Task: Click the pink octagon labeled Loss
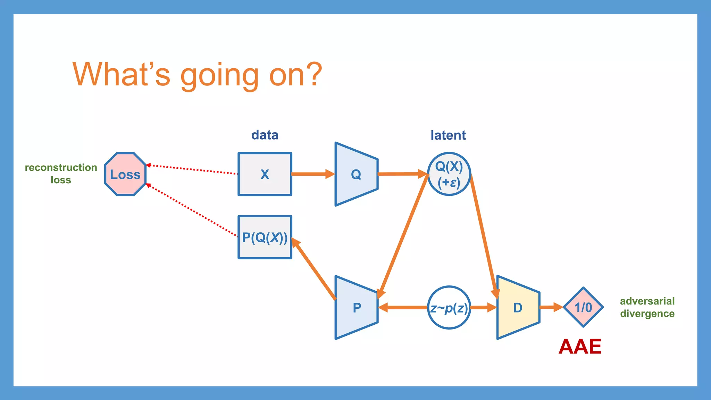click(125, 174)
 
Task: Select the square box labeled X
click(265, 174)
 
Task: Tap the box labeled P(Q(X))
click(265, 237)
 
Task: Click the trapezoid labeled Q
click(356, 174)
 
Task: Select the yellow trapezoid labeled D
click(518, 308)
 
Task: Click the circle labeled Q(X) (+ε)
click(449, 174)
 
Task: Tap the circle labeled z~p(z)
click(449, 308)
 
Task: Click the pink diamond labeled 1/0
click(583, 307)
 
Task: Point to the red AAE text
click(580, 347)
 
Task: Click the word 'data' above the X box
click(265, 135)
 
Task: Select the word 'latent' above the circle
click(448, 135)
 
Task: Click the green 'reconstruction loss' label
click(61, 174)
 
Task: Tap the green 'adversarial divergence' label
click(647, 307)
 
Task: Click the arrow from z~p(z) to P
click(403, 308)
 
